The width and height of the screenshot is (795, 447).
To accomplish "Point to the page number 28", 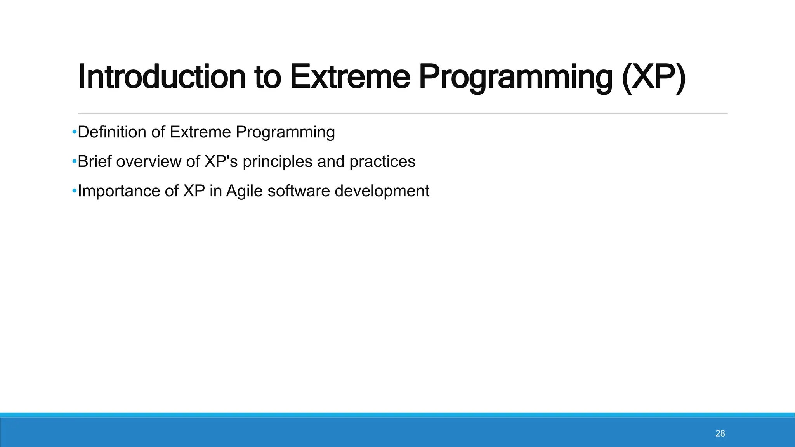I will coord(720,433).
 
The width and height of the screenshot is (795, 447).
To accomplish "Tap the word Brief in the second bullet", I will coord(94,162).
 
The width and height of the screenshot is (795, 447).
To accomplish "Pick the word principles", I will coord(277,162).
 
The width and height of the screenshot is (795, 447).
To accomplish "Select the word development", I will coord(382,191).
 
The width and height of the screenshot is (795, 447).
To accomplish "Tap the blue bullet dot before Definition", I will coord(74,132).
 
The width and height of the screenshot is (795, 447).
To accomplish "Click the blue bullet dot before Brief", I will coord(74,162).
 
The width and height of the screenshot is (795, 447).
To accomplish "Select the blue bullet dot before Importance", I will coord(74,191).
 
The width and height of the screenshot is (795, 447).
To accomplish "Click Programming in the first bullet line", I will coord(285,132).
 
